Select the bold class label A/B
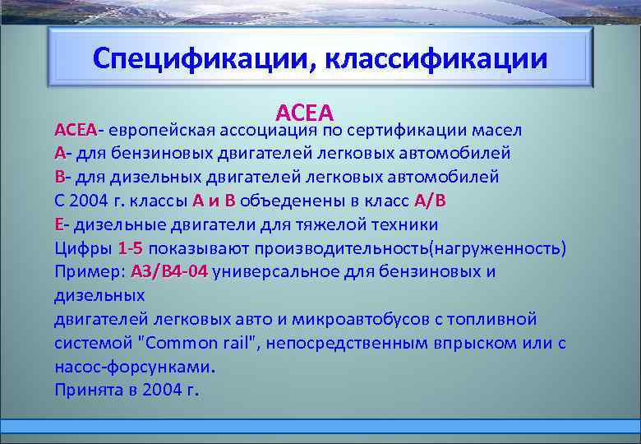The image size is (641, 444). tap(431, 201)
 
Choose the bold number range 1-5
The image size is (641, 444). tap(131, 248)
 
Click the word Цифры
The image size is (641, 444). tap(83, 248)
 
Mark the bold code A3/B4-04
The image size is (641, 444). tap(168, 272)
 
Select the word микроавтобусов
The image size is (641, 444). tap(349, 319)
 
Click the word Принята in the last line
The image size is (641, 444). tap(87, 390)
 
